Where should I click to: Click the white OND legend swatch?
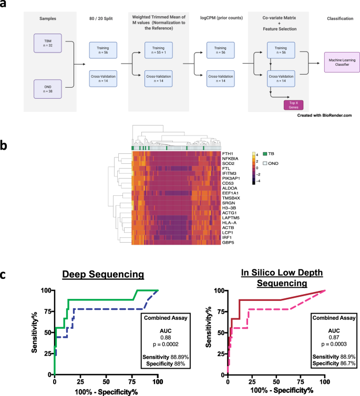264,163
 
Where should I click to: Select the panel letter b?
5,145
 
